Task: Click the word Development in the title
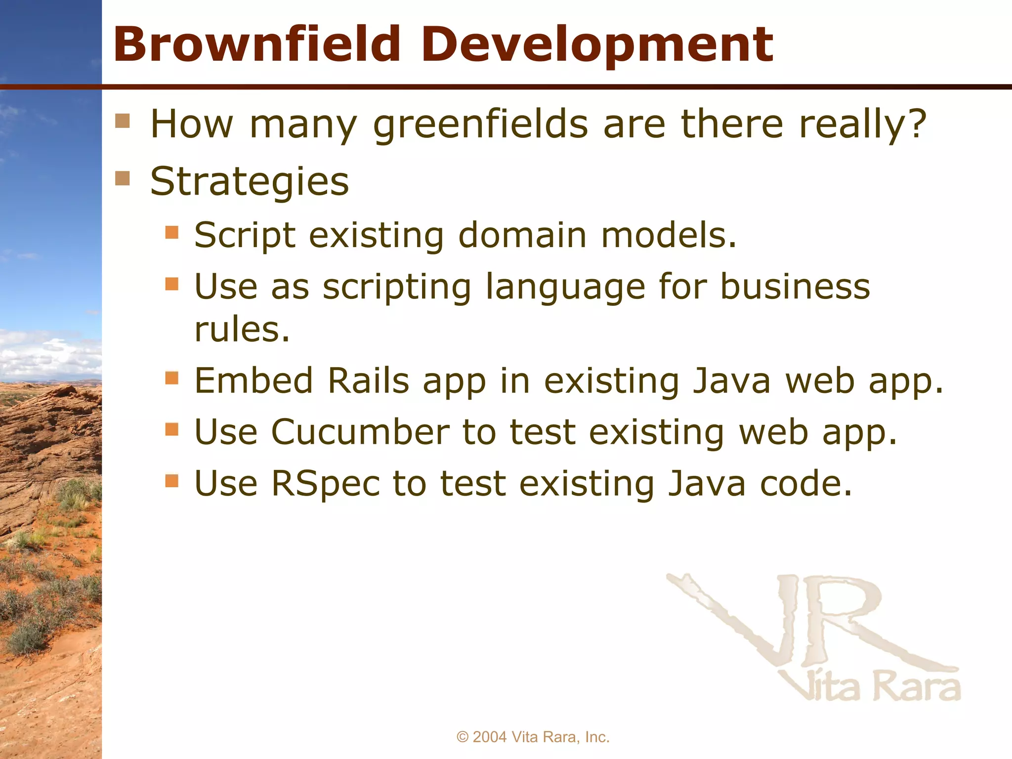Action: click(597, 45)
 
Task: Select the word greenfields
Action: click(480, 125)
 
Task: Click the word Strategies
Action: click(250, 182)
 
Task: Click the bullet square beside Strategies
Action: click(123, 178)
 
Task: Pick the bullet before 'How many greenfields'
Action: click(123, 121)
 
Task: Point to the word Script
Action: click(245, 235)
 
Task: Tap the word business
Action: click(795, 286)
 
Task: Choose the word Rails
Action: click(369, 381)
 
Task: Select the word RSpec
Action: click(326, 484)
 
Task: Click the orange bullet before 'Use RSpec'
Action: click(171, 480)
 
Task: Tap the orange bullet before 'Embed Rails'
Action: click(171, 378)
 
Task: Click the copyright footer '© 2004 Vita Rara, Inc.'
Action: click(533, 737)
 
